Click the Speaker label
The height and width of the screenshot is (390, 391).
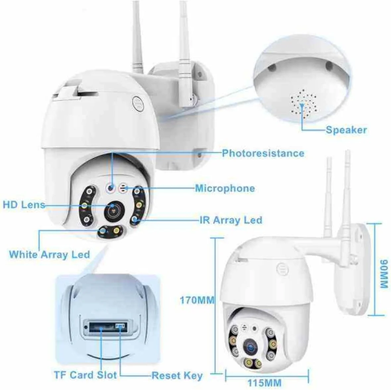[346, 130]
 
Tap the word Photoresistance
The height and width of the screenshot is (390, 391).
[263, 153]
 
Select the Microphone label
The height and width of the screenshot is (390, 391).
[225, 188]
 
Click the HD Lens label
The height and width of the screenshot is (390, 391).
[24, 204]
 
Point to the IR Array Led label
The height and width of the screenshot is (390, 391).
[231, 220]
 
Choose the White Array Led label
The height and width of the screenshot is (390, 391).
[49, 255]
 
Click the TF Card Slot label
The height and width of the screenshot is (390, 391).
[85, 375]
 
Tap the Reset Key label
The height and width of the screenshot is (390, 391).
[177, 376]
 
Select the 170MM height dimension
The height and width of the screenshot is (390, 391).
[197, 300]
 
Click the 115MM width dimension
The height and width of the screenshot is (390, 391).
[264, 383]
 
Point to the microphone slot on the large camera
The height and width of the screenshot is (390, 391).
[123, 188]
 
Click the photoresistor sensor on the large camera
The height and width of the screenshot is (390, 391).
[111, 188]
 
